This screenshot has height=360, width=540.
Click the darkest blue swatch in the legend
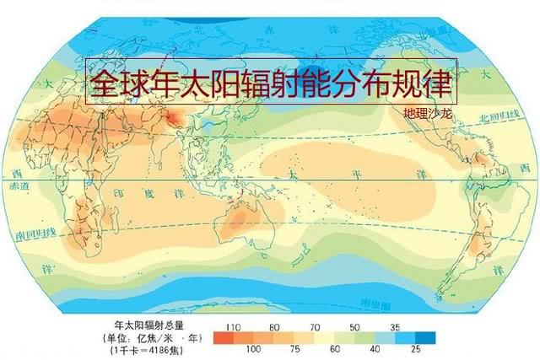429,337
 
